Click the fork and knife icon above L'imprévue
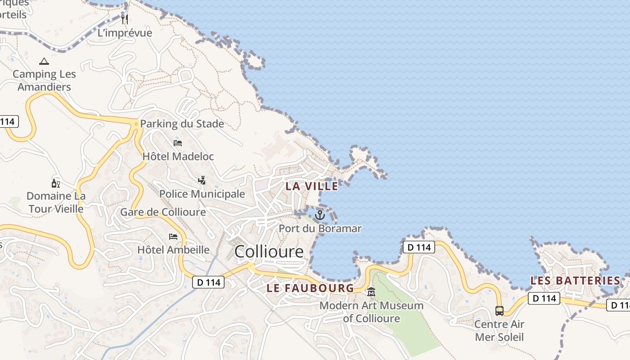125,19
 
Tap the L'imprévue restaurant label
125,33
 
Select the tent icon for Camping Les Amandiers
44,61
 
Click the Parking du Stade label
182,124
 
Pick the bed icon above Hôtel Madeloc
178,143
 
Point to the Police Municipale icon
202,180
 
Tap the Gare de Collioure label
163,212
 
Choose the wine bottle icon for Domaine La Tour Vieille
56,183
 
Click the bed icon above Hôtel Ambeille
173,237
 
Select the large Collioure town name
269,252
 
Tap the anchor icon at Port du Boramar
319,215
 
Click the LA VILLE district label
312,186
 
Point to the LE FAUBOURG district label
310,288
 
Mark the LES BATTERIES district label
576,281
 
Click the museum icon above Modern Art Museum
371,292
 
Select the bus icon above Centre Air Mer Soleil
499,311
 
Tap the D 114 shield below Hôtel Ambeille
208,282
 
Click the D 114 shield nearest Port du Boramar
418,247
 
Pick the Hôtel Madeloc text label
178,157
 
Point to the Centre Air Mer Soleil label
499,330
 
